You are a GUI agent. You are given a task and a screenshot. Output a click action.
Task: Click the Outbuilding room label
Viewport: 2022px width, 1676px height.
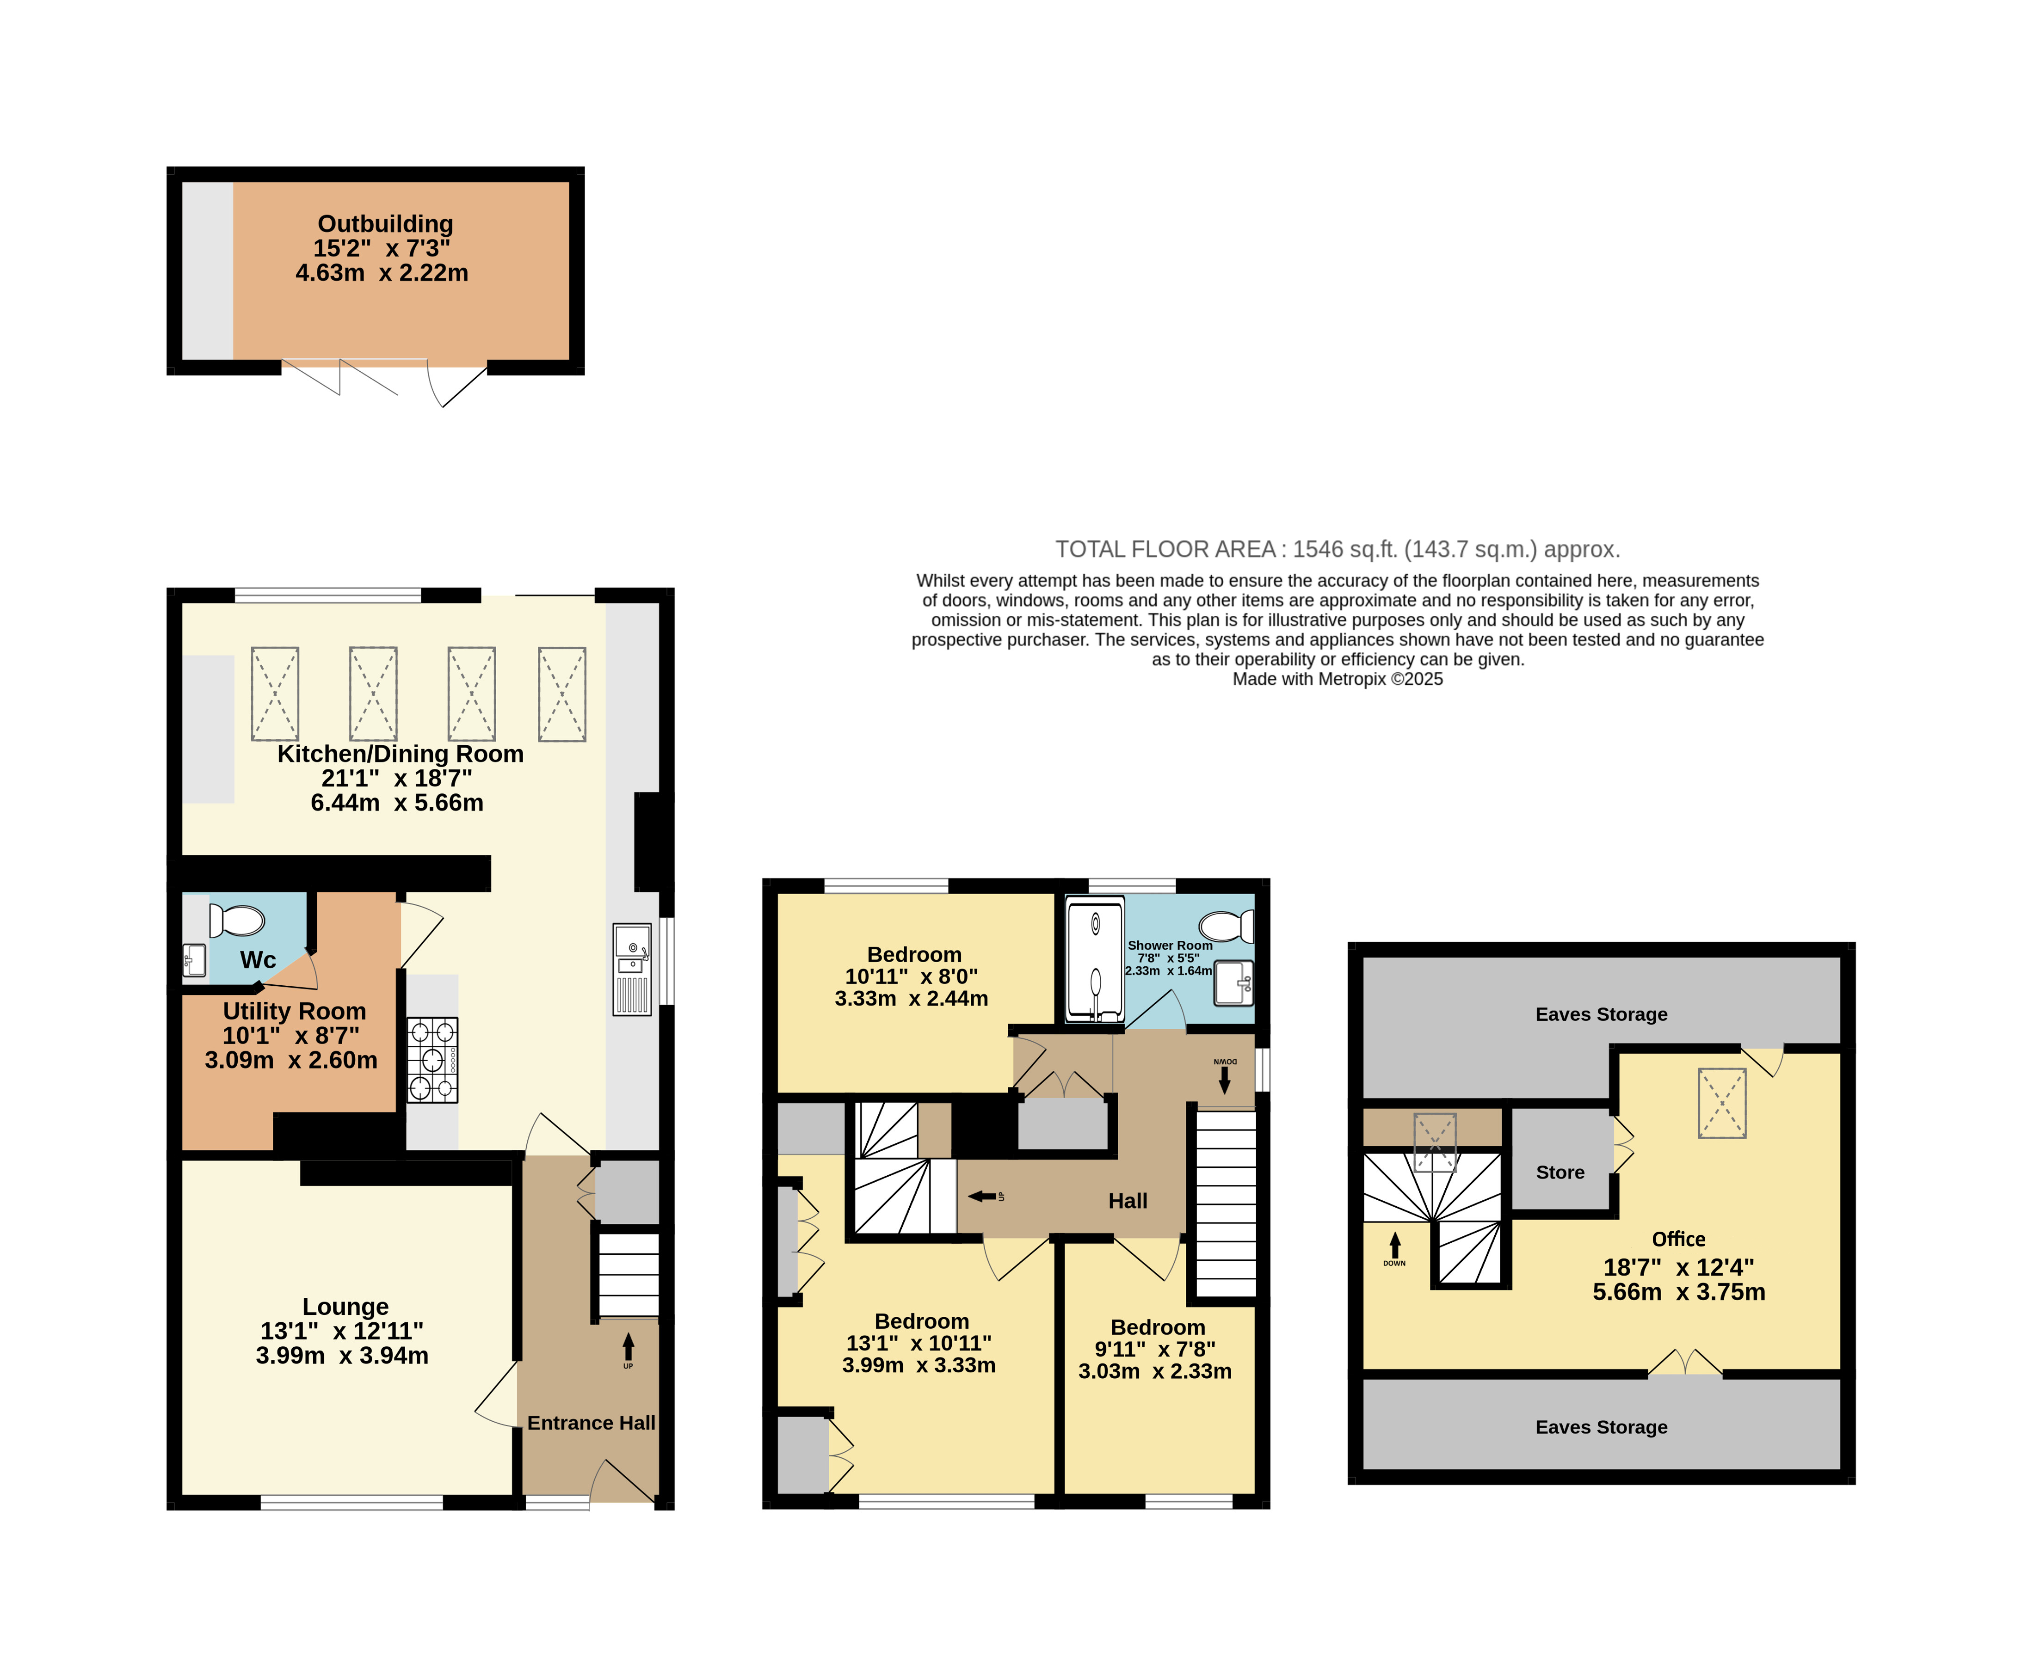tap(385, 224)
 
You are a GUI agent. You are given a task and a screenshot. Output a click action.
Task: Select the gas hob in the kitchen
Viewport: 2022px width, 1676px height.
tap(432, 1060)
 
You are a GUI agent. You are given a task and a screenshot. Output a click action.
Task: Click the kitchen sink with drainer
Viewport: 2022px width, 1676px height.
tap(633, 970)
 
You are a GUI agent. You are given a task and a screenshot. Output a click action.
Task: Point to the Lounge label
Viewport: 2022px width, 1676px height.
tap(345, 1306)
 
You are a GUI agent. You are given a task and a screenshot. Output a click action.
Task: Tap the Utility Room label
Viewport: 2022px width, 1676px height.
tap(295, 1011)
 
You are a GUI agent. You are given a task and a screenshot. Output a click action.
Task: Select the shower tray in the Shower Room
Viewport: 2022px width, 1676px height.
tap(1096, 959)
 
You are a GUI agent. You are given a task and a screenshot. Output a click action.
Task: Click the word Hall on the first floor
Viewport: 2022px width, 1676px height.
tap(1128, 1200)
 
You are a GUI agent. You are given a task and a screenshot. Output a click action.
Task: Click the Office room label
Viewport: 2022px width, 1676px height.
tap(1678, 1239)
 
